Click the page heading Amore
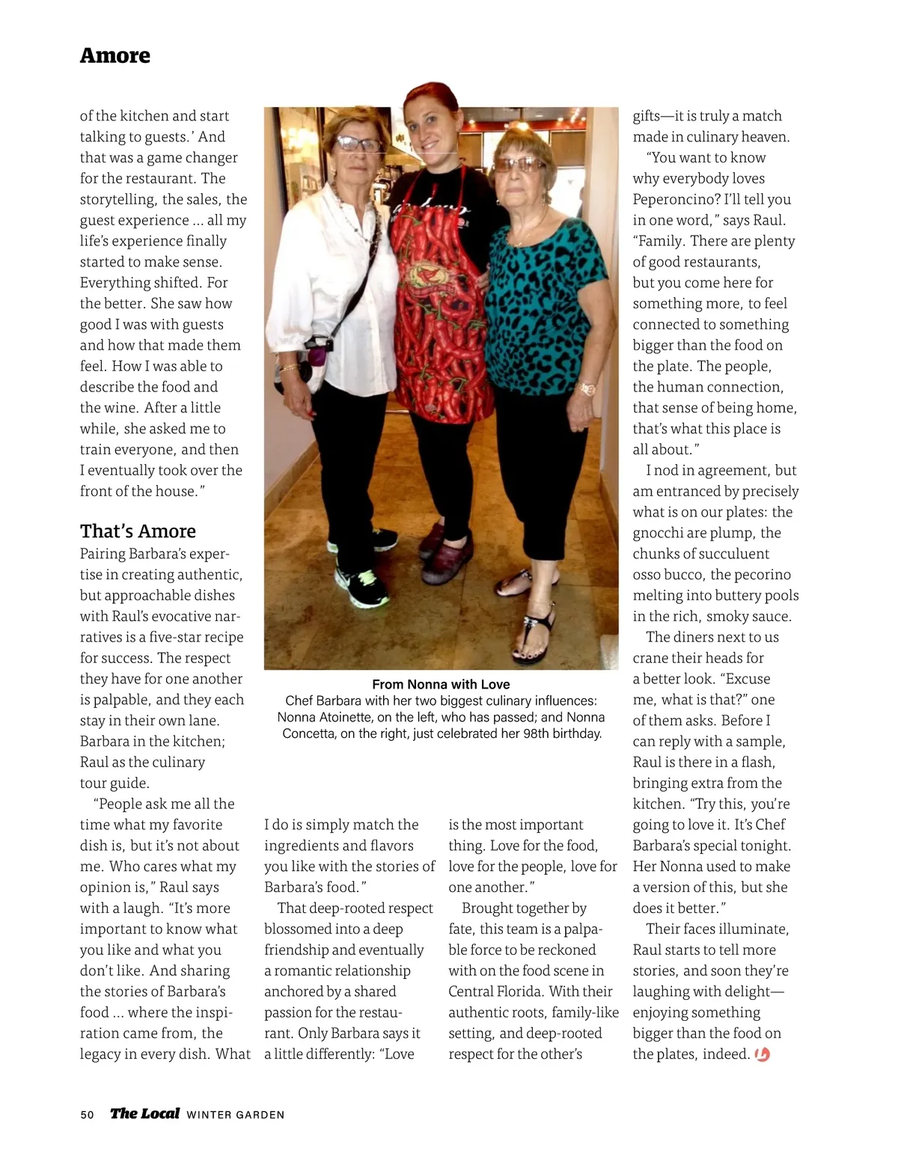tap(115, 56)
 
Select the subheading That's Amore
tap(138, 531)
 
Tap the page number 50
tap(88, 1114)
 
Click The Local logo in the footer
tap(145, 1114)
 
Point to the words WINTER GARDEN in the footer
tap(236, 1115)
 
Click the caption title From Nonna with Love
tap(441, 685)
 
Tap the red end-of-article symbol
tap(763, 1054)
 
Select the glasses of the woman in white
tap(358, 144)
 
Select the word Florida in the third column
tap(517, 992)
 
